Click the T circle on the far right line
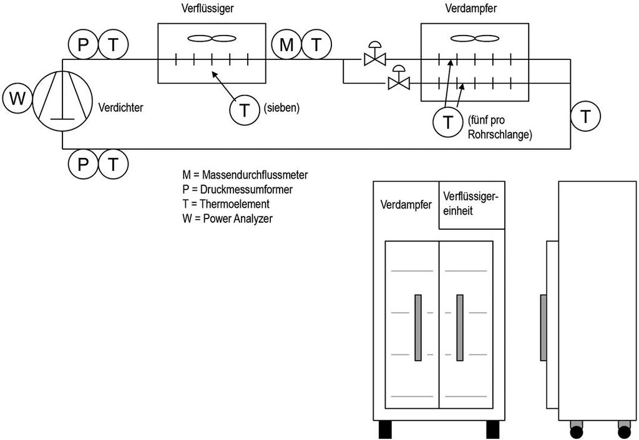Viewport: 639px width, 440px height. (x=586, y=116)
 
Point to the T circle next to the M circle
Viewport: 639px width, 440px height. (x=317, y=44)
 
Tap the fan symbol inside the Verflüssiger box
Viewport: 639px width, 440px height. (x=212, y=39)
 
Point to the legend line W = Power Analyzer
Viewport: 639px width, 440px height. (x=220, y=218)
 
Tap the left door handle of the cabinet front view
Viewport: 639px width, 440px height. (x=418, y=327)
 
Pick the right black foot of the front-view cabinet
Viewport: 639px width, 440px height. (x=493, y=429)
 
